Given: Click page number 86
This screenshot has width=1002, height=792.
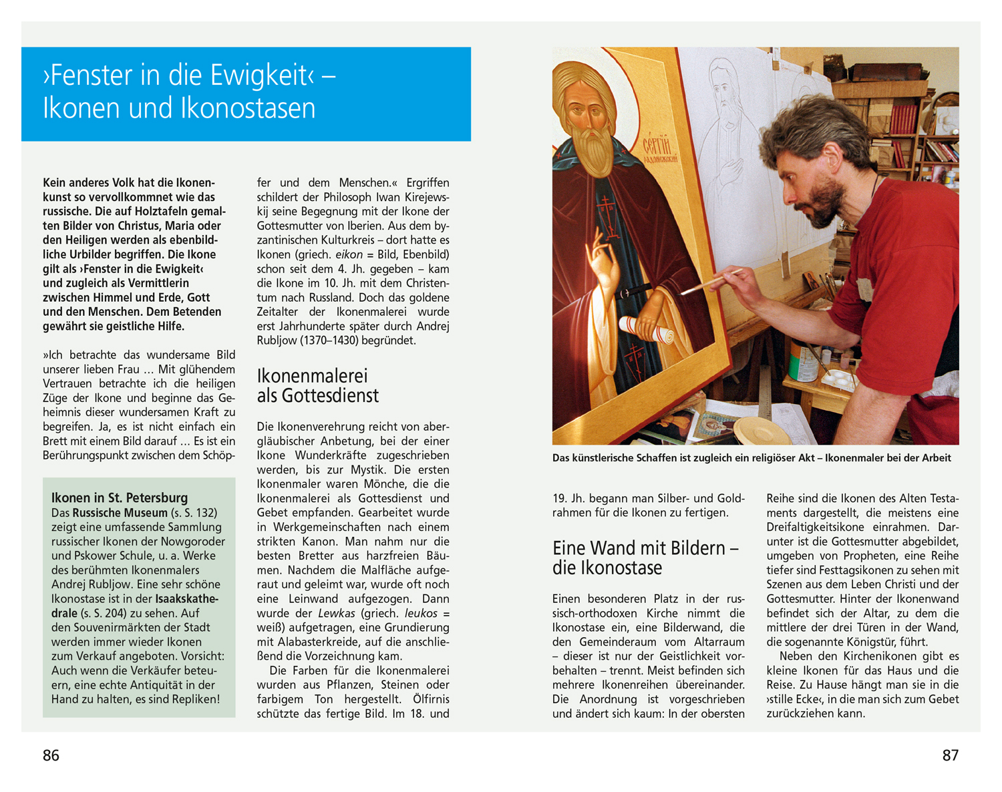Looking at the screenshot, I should tap(51, 755).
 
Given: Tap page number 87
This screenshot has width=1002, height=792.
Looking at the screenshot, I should tap(950, 755).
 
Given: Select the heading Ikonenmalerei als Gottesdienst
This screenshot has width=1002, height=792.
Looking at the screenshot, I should tap(317, 386).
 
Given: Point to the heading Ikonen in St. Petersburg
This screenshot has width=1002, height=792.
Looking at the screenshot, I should tap(120, 498).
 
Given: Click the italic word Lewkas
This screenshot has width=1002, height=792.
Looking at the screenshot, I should tap(337, 613).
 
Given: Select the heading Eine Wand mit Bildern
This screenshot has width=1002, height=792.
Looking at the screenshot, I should tap(645, 558).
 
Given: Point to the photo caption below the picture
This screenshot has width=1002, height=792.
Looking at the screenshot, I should tap(751, 458).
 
